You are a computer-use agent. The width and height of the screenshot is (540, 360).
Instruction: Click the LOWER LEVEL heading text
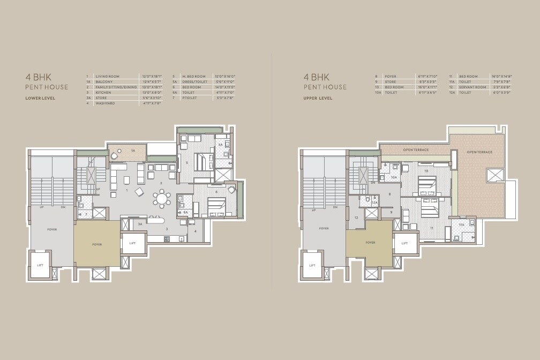click(40, 98)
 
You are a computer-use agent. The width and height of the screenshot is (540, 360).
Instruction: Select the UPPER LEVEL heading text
click(318, 98)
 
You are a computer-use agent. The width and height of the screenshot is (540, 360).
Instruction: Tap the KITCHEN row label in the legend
click(103, 93)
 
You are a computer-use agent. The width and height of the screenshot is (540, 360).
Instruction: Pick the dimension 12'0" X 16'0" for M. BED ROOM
click(224, 77)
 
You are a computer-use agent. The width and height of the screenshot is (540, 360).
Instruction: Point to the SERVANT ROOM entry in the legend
click(472, 87)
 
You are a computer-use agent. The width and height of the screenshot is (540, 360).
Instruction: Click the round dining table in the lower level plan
click(161, 199)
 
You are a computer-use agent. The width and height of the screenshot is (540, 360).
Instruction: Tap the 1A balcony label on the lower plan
click(133, 152)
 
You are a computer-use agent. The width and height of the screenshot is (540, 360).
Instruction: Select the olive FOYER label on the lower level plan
click(97, 244)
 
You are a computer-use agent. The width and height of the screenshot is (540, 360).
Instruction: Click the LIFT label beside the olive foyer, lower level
click(132, 243)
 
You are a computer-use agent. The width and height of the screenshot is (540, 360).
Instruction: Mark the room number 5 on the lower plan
click(186, 162)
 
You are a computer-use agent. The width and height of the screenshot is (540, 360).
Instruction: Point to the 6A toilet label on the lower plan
click(185, 213)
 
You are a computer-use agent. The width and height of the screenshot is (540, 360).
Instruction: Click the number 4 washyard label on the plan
click(196, 231)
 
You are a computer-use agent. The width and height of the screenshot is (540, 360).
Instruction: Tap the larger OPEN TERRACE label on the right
click(479, 152)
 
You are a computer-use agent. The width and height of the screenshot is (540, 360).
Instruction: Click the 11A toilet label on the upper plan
click(461, 226)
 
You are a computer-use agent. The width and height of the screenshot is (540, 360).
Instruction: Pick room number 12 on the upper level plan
click(356, 217)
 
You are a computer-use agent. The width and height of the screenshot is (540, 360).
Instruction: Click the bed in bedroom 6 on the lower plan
click(215, 206)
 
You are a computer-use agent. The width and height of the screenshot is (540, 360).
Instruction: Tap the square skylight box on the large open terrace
click(492, 175)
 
